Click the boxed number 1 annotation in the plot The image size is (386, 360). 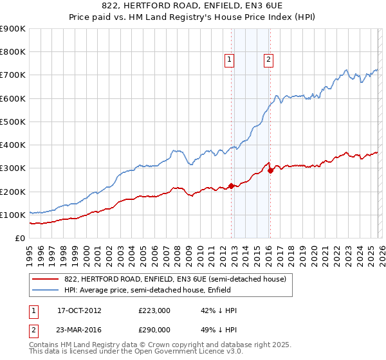pos(229,60)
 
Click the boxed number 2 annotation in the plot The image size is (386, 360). pos(268,60)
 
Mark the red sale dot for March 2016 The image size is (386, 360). pos(270,170)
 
